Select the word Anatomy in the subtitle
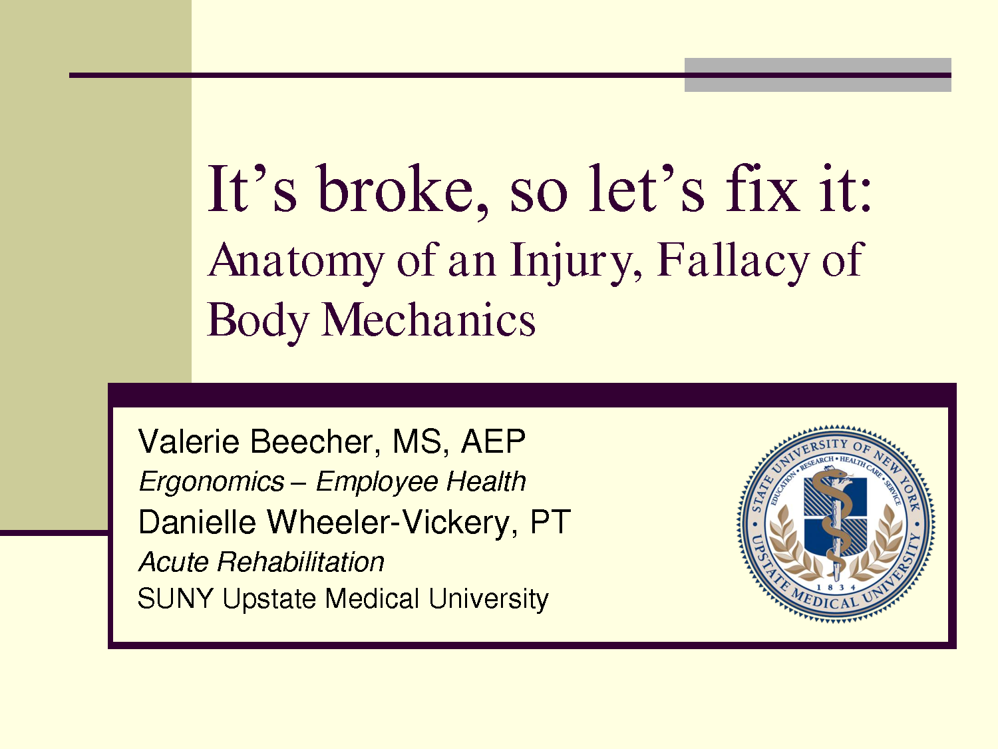[x=296, y=262]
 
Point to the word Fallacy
[x=733, y=261]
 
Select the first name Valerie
[x=189, y=441]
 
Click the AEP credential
[x=493, y=441]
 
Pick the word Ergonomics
[x=212, y=482]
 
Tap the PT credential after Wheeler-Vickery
[x=550, y=521]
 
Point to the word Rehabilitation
[x=301, y=562]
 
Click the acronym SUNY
[x=175, y=598]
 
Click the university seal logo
[x=836, y=524]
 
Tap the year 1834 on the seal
[x=836, y=587]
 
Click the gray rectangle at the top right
[x=818, y=75]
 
